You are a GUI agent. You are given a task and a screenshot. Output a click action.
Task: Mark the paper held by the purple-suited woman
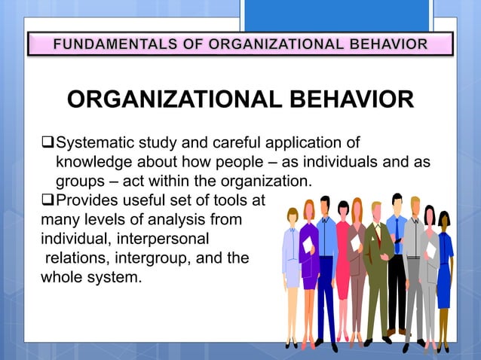click(x=307, y=244)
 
